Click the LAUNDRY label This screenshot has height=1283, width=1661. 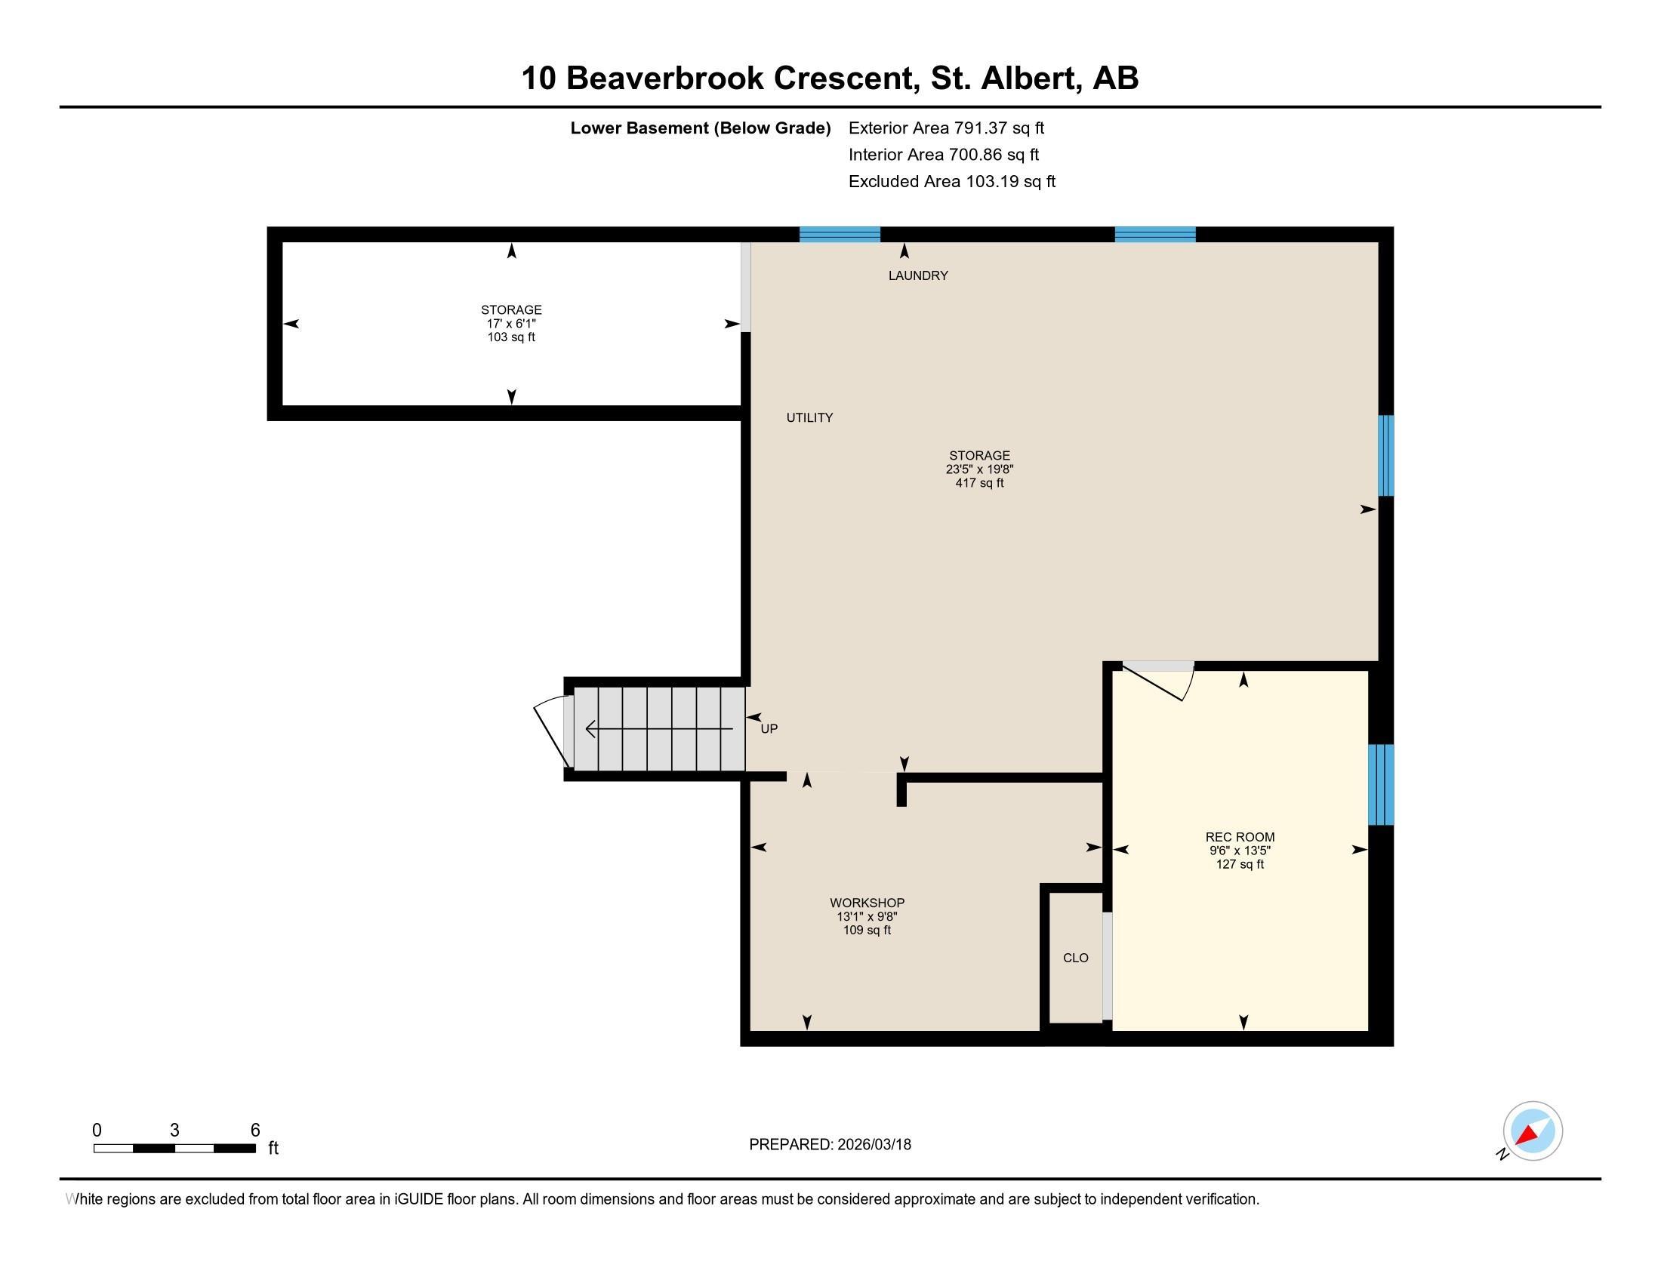click(x=918, y=276)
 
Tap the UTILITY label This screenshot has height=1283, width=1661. click(x=809, y=417)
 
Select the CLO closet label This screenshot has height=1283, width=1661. click(x=1075, y=958)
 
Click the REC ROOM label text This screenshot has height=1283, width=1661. click(x=1240, y=837)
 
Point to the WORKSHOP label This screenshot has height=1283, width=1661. click(x=867, y=903)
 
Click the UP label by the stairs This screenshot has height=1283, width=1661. click(x=769, y=729)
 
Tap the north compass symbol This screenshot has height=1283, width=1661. click(x=1532, y=1131)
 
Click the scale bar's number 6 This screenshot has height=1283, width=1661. click(x=255, y=1130)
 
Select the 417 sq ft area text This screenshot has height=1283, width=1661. click(x=979, y=483)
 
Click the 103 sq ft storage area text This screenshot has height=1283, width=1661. click(x=511, y=337)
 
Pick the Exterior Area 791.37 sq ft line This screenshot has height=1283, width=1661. click(x=946, y=128)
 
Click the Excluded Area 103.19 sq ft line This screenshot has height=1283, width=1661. click(x=951, y=181)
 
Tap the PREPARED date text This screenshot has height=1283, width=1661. click(x=830, y=1144)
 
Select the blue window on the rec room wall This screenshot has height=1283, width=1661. click(x=1380, y=784)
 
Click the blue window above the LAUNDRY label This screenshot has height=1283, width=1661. click(x=840, y=234)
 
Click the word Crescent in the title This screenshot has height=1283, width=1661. click(x=843, y=78)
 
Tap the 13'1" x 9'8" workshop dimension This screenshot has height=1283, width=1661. click(x=867, y=917)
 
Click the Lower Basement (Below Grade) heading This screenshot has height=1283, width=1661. click(x=701, y=128)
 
